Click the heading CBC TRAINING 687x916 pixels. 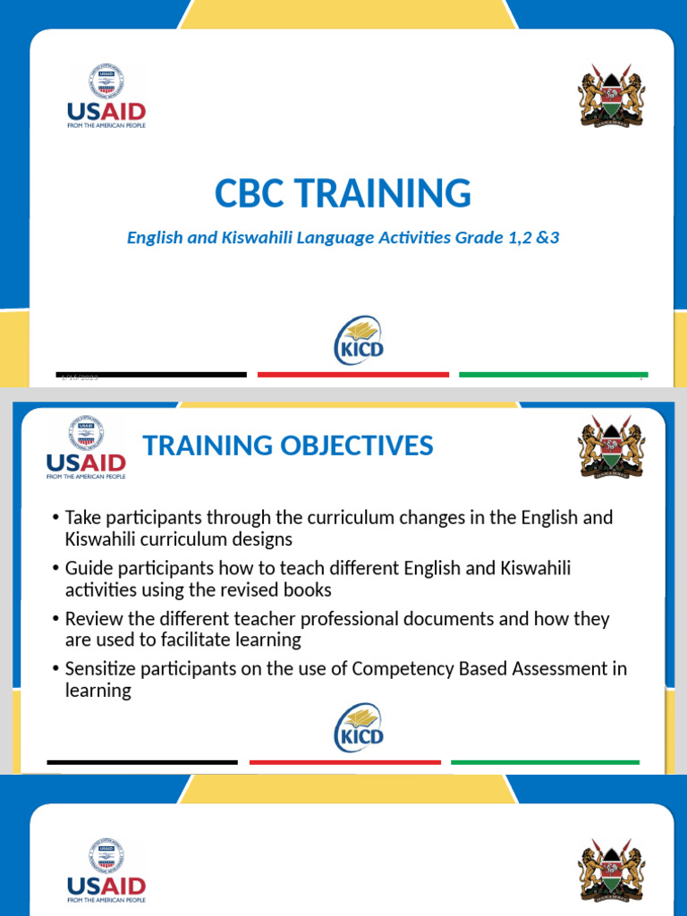point(343,194)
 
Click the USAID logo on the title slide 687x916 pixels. point(106,97)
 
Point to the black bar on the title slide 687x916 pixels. point(152,375)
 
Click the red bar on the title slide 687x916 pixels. point(353,375)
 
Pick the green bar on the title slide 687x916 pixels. point(554,375)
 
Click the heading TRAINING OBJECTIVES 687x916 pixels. point(288,445)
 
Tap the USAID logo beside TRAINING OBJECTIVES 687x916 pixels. point(86,448)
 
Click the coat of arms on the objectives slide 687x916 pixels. point(611,446)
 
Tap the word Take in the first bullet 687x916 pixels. point(82,518)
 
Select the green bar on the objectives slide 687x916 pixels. point(546,762)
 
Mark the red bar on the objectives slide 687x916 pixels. point(345,762)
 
